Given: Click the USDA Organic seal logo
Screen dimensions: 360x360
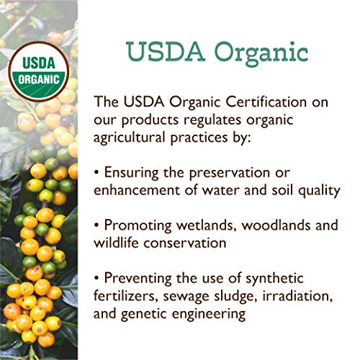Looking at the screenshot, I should [37, 70].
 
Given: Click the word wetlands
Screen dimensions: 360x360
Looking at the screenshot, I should [207, 225].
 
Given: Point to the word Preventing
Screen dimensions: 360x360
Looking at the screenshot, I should [138, 278].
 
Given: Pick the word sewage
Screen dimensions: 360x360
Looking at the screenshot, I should [180, 296].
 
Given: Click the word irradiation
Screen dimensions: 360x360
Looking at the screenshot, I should [294, 296].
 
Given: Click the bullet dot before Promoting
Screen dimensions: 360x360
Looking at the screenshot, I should [97, 226].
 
